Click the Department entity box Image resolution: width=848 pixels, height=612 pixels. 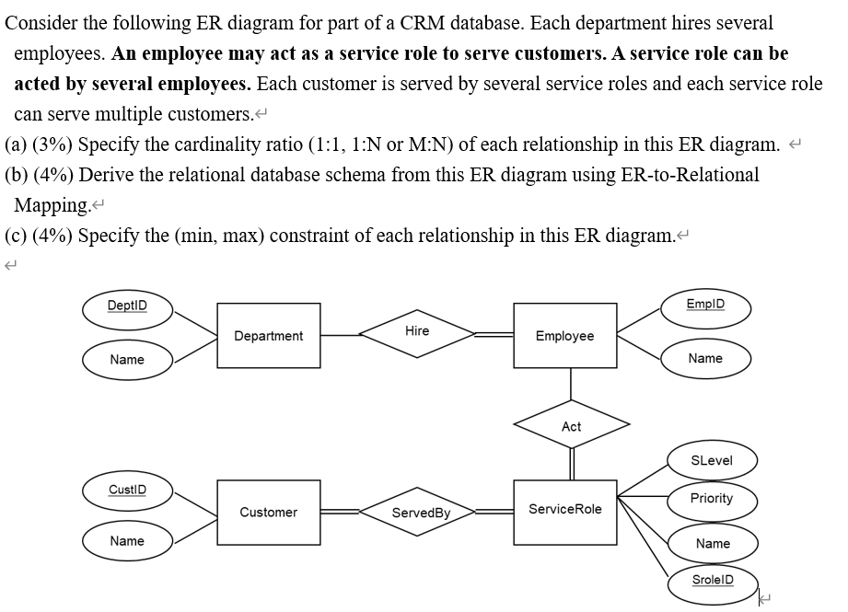[268, 336]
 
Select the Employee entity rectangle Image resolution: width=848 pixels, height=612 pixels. [564, 336]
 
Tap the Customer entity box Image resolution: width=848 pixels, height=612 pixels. [268, 512]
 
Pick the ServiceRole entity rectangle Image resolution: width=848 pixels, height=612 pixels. [564, 509]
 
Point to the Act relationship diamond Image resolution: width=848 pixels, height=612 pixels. [571, 426]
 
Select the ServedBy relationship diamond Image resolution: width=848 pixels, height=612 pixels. [420, 513]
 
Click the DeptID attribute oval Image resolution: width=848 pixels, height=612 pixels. [126, 306]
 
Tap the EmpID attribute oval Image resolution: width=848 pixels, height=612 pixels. [705, 305]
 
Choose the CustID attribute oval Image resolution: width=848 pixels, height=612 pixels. [127, 487]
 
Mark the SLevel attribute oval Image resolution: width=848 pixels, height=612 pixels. [711, 460]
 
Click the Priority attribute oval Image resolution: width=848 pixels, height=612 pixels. [711, 498]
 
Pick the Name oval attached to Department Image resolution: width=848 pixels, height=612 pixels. [127, 359]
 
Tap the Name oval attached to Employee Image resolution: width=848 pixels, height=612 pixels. [705, 358]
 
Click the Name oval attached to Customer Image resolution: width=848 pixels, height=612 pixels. [127, 541]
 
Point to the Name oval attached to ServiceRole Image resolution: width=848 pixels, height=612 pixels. [712, 543]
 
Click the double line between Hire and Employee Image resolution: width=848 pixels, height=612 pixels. [494, 336]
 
